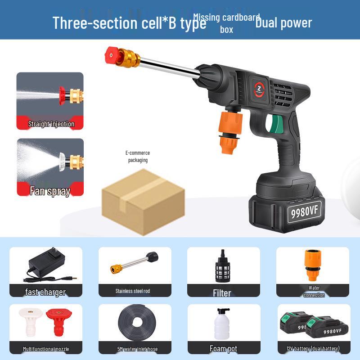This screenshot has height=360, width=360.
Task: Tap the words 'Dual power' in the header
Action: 283,23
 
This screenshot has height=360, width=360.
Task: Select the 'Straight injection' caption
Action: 51,124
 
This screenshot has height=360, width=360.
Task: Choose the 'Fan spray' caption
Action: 50,191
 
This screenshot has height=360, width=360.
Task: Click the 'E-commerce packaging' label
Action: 138,157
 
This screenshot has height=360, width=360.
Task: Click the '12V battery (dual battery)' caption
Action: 313,348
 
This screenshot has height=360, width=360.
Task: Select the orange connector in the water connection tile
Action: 312,265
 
